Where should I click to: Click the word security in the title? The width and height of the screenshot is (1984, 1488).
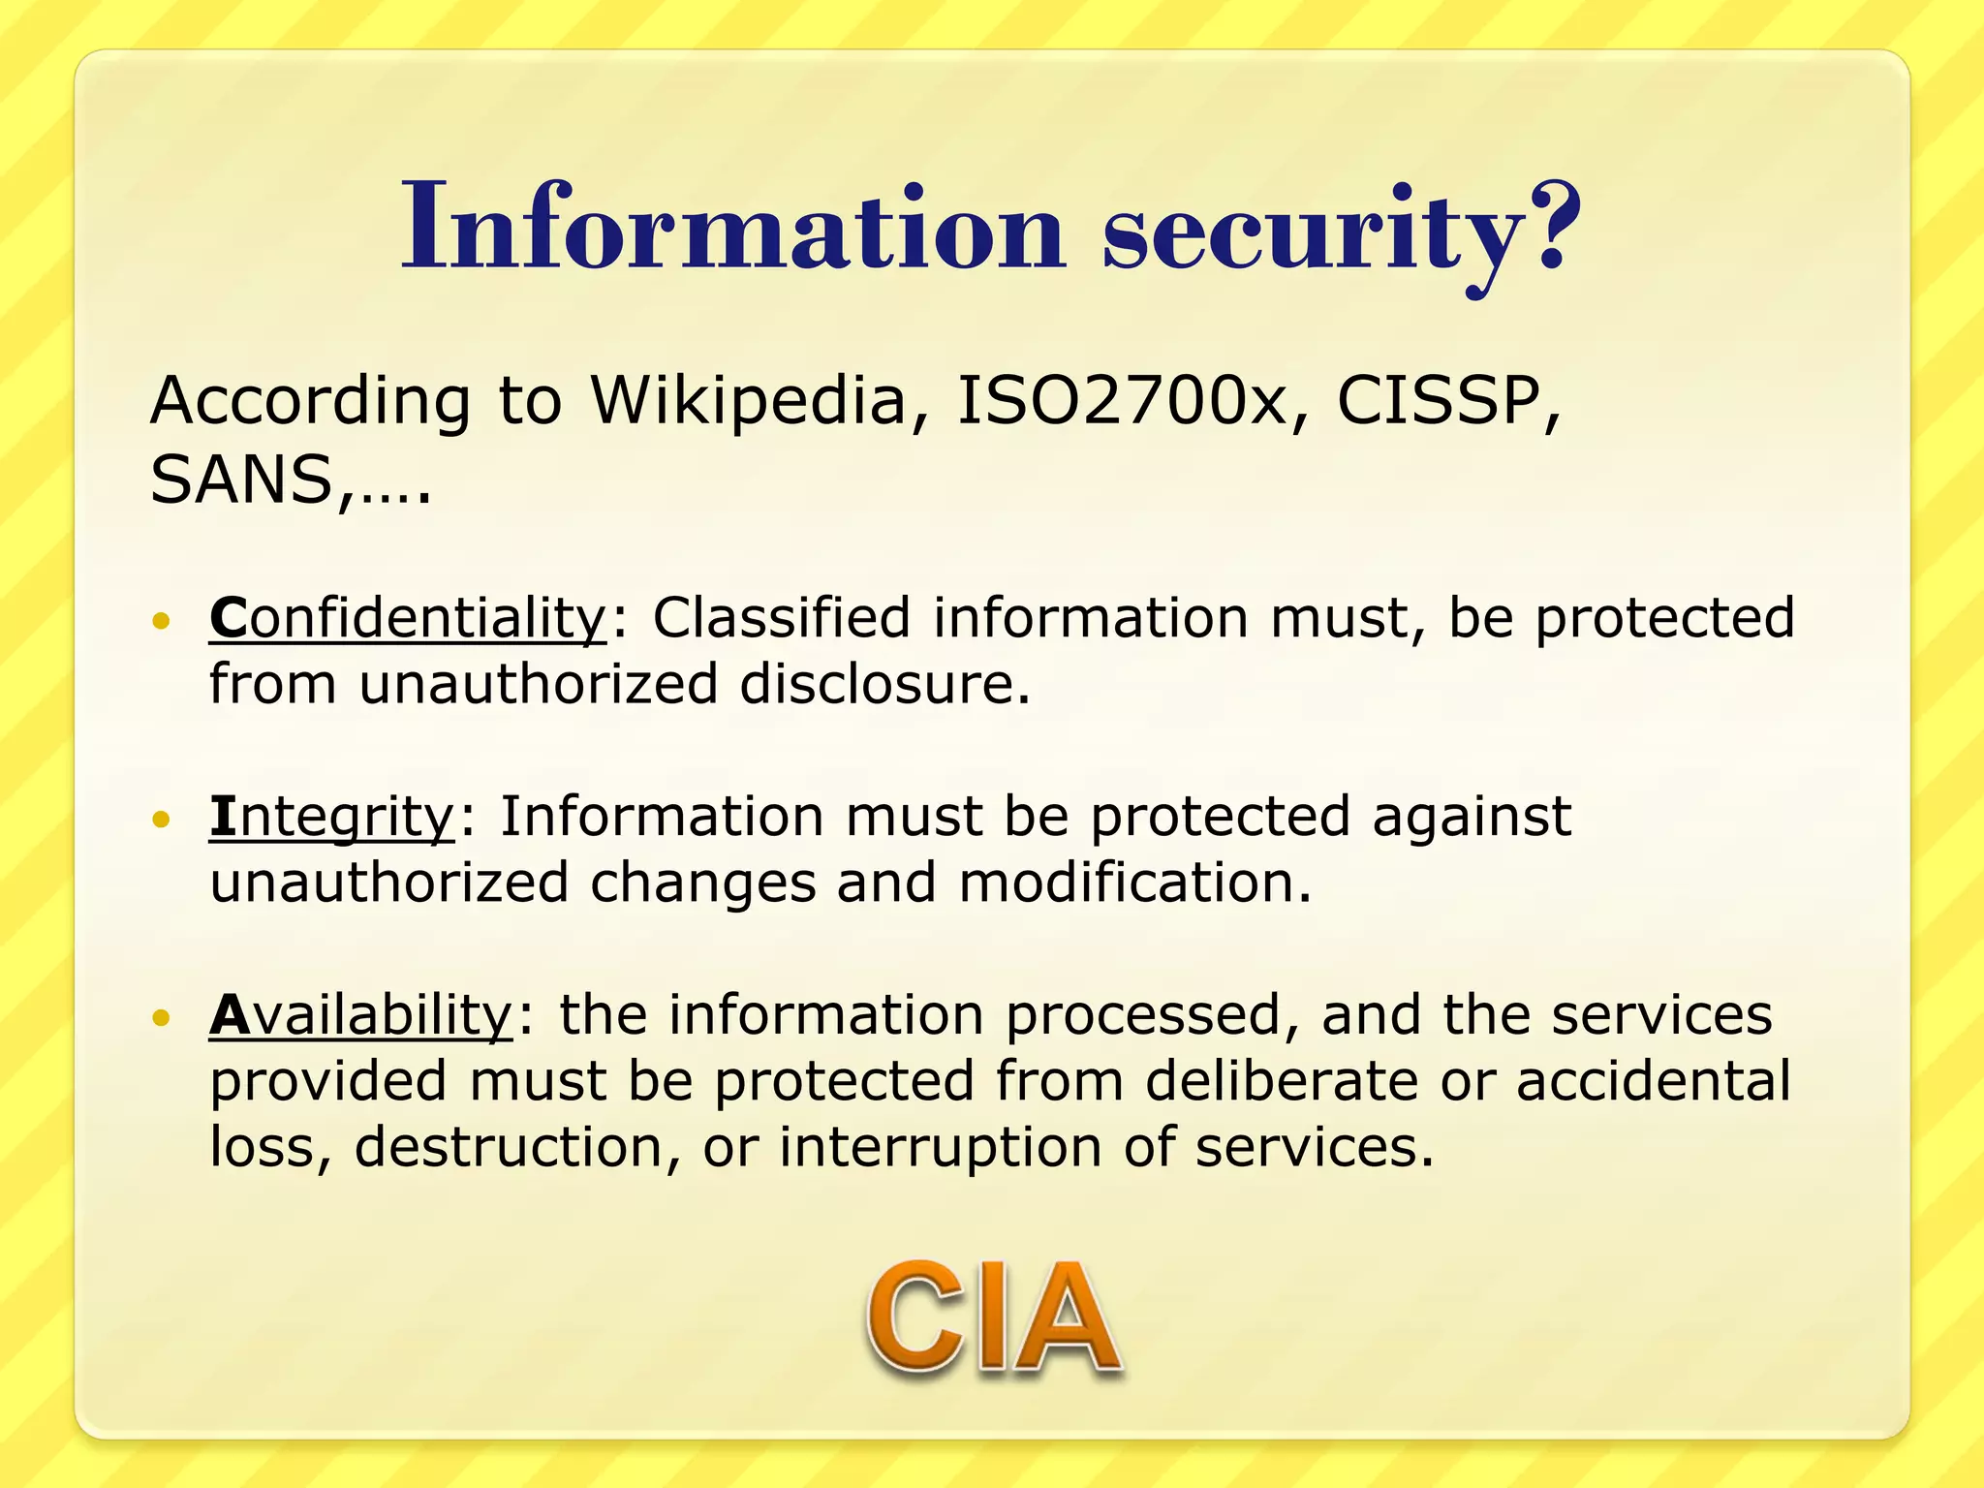pos(1313,232)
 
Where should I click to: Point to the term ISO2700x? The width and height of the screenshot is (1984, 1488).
pos(1121,400)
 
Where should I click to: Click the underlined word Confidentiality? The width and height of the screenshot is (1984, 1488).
pos(408,618)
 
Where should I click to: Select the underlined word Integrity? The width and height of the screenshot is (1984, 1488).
pos(331,817)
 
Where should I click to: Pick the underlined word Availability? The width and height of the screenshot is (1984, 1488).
pos(360,1015)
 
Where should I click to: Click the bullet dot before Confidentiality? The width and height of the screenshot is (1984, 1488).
pos(161,620)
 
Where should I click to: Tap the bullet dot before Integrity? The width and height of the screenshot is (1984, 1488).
pos(161,820)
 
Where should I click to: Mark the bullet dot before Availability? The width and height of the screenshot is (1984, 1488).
pos(161,1017)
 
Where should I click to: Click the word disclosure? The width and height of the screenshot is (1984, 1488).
pos(884,684)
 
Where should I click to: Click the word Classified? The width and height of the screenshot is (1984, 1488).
pos(781,618)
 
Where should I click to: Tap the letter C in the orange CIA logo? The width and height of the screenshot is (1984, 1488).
pos(914,1319)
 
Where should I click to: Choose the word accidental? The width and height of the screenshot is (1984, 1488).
pos(1653,1081)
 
